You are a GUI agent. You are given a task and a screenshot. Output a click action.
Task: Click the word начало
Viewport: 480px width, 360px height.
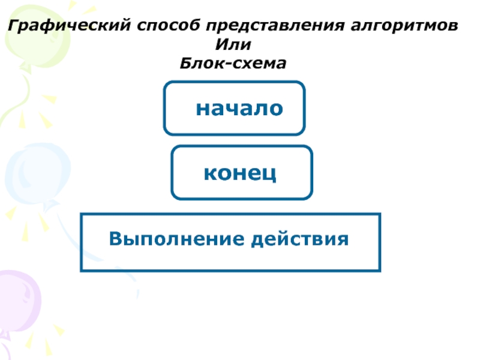239,109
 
